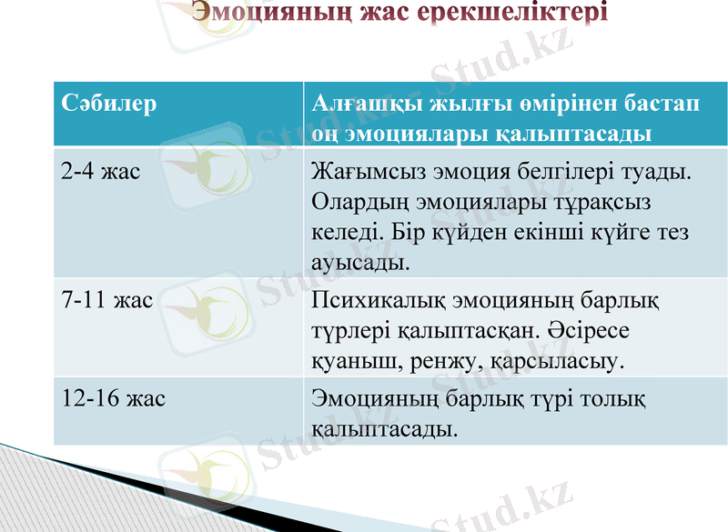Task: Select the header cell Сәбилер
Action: (x=109, y=103)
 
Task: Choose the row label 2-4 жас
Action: (x=100, y=170)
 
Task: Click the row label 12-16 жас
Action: (x=113, y=397)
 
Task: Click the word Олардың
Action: (x=363, y=201)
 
